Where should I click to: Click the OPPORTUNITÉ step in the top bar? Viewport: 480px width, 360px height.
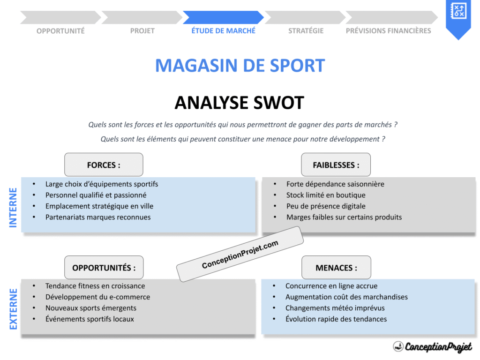(60, 31)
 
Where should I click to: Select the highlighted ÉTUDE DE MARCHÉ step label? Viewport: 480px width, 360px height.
(224, 31)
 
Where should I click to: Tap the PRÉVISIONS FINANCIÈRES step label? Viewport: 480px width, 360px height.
(388, 31)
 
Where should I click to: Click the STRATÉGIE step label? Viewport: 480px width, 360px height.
(306, 31)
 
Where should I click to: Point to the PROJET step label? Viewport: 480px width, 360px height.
(142, 31)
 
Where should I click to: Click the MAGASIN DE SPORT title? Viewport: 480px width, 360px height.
(240, 66)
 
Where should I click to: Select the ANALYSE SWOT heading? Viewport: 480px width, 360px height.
(240, 103)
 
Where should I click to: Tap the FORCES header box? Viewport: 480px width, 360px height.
(104, 165)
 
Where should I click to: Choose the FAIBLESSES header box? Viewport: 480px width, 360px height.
(336, 165)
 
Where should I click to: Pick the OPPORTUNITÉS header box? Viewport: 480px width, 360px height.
(104, 268)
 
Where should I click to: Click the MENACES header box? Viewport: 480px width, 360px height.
(336, 268)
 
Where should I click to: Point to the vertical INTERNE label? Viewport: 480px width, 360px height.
(13, 208)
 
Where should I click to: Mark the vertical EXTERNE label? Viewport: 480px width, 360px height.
(13, 309)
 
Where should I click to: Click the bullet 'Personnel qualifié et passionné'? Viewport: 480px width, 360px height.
(96, 195)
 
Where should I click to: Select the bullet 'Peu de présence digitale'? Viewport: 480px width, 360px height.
(326, 206)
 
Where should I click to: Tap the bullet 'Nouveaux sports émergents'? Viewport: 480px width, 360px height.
(90, 308)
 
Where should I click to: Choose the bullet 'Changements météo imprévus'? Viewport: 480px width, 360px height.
(335, 308)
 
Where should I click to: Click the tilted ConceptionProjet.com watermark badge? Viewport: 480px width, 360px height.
(240, 254)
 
